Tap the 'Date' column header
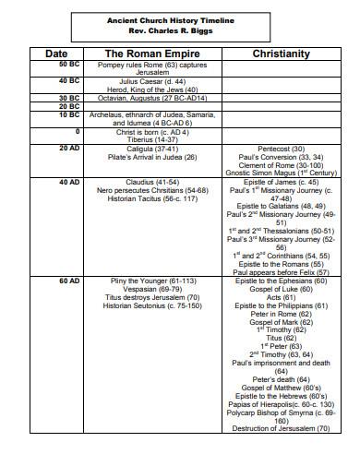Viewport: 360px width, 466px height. (68, 54)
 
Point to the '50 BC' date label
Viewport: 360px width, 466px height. (69, 65)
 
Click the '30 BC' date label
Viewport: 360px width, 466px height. (69, 97)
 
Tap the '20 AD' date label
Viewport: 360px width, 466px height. (69, 148)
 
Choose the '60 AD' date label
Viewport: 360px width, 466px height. (69, 279)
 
